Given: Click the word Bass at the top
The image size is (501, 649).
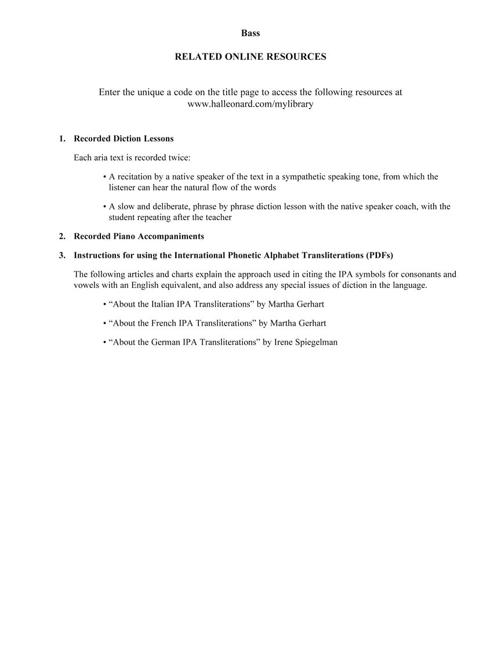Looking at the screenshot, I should (x=251, y=33).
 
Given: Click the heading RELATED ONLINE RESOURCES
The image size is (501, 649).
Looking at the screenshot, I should (x=251, y=57).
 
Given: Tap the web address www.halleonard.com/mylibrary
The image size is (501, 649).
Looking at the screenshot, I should (x=251, y=104).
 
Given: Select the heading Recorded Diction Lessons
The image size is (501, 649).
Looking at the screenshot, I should (x=124, y=139).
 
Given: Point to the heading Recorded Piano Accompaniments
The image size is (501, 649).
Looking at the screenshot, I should (x=139, y=236).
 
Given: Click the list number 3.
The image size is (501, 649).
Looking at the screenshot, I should (x=61, y=255).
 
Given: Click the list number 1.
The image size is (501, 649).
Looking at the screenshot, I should (x=61, y=139).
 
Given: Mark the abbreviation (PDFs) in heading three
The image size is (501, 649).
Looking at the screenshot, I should (x=380, y=255).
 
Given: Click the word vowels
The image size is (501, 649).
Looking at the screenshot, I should (x=86, y=286).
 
